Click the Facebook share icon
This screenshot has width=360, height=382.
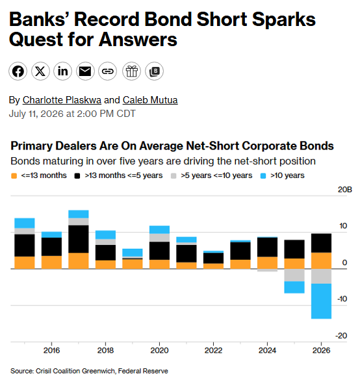pyautogui.click(x=18, y=71)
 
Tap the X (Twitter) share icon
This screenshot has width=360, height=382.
pyautogui.click(x=40, y=71)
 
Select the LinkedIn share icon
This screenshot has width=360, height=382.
pyautogui.click(x=62, y=71)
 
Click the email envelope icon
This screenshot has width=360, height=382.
pyautogui.click(x=85, y=71)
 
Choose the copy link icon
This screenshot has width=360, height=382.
pyautogui.click(x=107, y=71)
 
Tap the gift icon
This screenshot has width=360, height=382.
pyautogui.click(x=132, y=71)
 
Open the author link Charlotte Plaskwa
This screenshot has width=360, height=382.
pyautogui.click(x=62, y=100)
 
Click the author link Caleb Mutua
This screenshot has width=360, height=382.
pyautogui.click(x=150, y=100)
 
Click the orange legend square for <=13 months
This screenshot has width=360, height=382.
pyautogui.click(x=14, y=175)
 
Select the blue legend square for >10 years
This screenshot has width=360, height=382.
pyautogui.click(x=263, y=175)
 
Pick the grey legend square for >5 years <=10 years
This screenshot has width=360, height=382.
pyautogui.click(x=174, y=175)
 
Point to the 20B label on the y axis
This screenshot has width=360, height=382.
pyautogui.click(x=344, y=190)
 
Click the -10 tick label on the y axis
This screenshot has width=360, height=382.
pyautogui.click(x=342, y=299)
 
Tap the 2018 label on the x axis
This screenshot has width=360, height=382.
pyautogui.click(x=105, y=350)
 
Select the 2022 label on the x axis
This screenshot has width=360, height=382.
pyautogui.click(x=213, y=350)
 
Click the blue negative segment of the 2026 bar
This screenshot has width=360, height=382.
pyautogui.click(x=321, y=301)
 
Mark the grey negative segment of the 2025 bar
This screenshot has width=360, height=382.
pyautogui.click(x=294, y=275)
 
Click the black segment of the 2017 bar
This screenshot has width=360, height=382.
pyautogui.click(x=79, y=239)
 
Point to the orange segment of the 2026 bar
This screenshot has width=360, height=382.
pyautogui.click(x=321, y=261)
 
